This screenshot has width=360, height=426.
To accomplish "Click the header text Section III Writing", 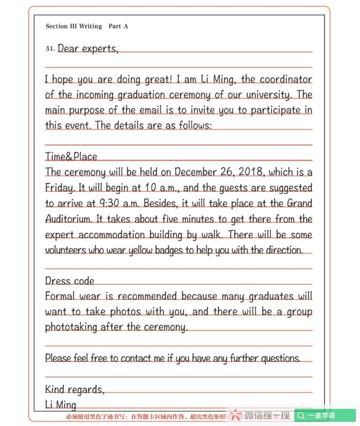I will click(74, 27).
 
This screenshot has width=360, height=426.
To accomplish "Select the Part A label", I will click(118, 27).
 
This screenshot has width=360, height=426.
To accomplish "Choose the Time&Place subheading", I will click(71, 157).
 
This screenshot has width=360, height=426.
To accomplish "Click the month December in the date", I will click(197, 172).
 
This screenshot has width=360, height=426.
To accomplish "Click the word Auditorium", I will click(69, 219).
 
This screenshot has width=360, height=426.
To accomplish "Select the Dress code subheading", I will click(70, 281).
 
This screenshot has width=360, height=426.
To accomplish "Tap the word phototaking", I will click(71, 327).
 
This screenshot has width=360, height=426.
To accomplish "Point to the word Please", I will click(58, 358).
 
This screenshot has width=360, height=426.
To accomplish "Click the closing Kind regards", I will click(75, 389).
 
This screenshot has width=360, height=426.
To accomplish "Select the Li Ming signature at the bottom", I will click(61, 404).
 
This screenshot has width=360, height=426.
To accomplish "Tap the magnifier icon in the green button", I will click(301, 415).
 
